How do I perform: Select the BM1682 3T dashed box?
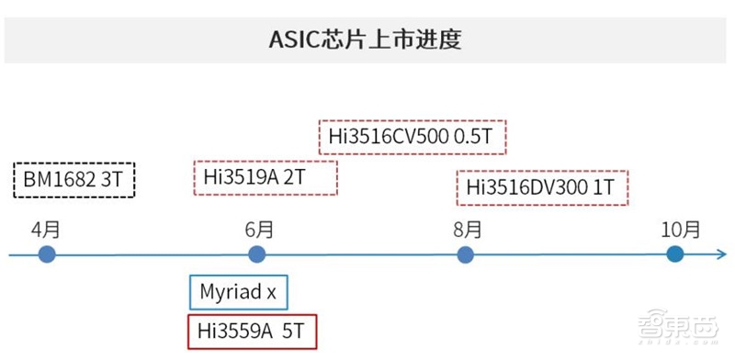click(74, 179)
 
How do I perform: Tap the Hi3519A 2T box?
click(266, 177)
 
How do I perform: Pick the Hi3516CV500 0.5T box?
click(413, 139)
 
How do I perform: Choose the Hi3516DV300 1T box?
click(542, 187)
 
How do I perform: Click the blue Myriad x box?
click(238, 293)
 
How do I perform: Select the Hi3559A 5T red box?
click(251, 331)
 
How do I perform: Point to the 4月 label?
click(47, 229)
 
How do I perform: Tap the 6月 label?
click(258, 229)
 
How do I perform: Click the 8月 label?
click(467, 229)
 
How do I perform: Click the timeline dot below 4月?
click(48, 254)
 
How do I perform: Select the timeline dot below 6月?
click(257, 254)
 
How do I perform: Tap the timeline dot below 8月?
click(466, 254)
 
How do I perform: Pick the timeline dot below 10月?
click(675, 254)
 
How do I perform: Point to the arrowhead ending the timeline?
click(721, 254)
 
